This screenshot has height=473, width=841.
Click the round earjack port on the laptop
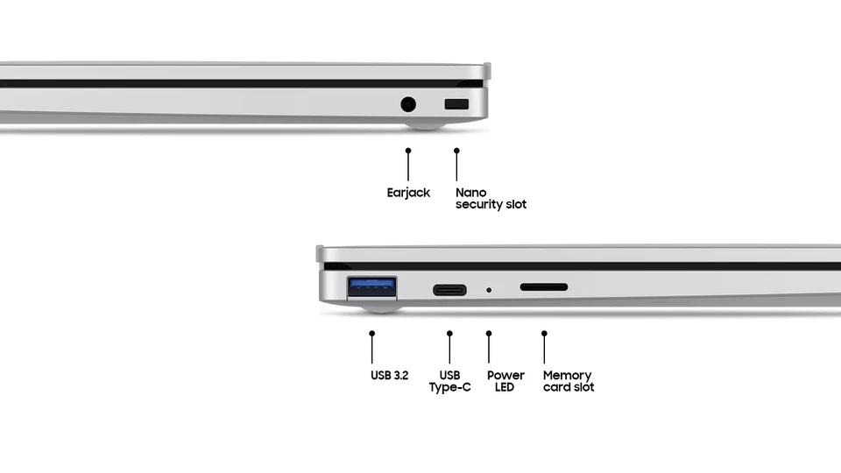(x=407, y=105)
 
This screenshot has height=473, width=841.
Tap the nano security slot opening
(x=456, y=105)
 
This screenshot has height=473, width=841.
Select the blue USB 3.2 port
(x=372, y=286)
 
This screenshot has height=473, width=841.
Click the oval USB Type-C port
(x=449, y=288)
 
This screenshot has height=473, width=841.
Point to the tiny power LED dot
(x=489, y=289)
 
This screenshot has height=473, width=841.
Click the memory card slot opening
(x=544, y=287)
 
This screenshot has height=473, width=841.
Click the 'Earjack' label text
(x=408, y=193)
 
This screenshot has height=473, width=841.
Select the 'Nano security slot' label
(x=491, y=198)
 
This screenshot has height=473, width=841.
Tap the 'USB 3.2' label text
(x=389, y=376)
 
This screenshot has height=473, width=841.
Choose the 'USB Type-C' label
(x=449, y=381)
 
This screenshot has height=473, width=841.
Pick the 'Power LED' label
(x=505, y=381)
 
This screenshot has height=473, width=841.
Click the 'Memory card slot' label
(x=568, y=381)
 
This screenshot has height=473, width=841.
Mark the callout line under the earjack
(x=408, y=166)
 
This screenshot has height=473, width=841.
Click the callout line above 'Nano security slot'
(x=456, y=166)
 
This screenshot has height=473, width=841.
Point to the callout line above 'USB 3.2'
(x=372, y=349)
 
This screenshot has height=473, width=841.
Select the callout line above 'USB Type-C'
(x=449, y=349)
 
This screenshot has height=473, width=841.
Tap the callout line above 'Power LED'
(x=489, y=349)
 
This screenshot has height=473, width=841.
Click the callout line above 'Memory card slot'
(x=544, y=349)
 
